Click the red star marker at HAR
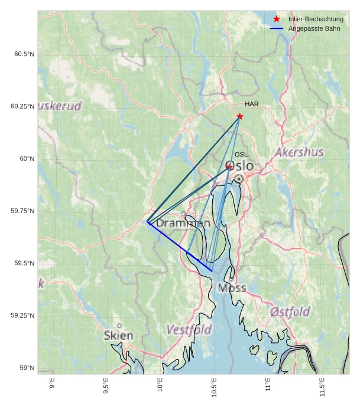pyautogui.click(x=239, y=116)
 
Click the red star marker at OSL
pyautogui.click(x=229, y=168)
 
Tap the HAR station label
pyautogui.click(x=252, y=105)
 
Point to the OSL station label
pyautogui.click(x=241, y=155)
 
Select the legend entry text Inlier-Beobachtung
pyautogui.click(x=316, y=19)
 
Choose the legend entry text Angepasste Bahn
pyautogui.click(x=314, y=28)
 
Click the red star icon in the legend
pyautogui.click(x=277, y=19)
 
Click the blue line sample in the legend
pyautogui.click(x=277, y=28)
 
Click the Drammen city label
pyautogui.click(x=183, y=224)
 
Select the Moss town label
pyautogui.click(x=232, y=288)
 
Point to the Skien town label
pyautogui.click(x=118, y=335)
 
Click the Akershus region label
pyautogui.click(x=299, y=152)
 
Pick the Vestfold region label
pyautogui.click(x=189, y=329)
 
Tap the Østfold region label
pyautogui.click(x=290, y=312)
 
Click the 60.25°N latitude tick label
pyautogui.click(x=22, y=107)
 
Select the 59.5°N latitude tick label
pyautogui.click(x=22, y=263)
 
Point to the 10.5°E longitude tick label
pyautogui.click(x=213, y=385)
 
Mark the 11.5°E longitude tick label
pyautogui.click(x=322, y=385)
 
